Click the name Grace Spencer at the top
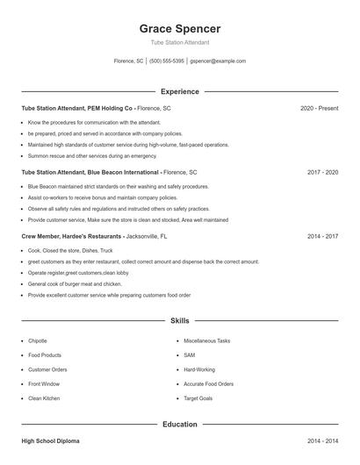coord(180,28)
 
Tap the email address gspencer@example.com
coord(218,61)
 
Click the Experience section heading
coord(180,91)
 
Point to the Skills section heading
coord(180,322)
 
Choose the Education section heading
coord(180,425)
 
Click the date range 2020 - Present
coord(319,108)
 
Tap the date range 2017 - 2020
coord(322,173)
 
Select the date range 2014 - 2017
coord(322,237)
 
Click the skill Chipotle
coord(38,340)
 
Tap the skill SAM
coord(189,354)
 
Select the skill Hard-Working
coord(198,369)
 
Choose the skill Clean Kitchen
coord(44,398)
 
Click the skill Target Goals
coord(198,398)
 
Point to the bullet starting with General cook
coord(75,284)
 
